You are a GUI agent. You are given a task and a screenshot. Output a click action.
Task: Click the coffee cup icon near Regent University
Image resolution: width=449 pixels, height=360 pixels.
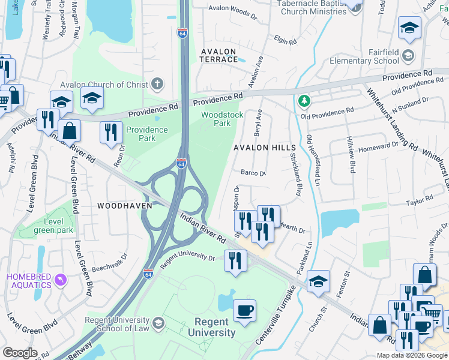(x=244, y=311)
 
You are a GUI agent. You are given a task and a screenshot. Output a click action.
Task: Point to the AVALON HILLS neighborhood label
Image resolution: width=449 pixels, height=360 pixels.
(x=265, y=148)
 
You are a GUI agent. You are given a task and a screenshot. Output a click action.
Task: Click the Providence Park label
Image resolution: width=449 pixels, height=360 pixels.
(x=146, y=134)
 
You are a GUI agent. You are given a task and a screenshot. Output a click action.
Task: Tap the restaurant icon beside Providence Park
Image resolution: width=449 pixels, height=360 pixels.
(x=111, y=133)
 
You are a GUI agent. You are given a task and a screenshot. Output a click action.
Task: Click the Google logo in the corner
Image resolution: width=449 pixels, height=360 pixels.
(x=20, y=352)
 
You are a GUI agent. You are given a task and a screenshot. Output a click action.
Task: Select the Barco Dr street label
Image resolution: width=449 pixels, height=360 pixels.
(x=253, y=173)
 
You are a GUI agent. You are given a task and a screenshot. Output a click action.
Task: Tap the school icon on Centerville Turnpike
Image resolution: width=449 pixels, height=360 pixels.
(x=318, y=281)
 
